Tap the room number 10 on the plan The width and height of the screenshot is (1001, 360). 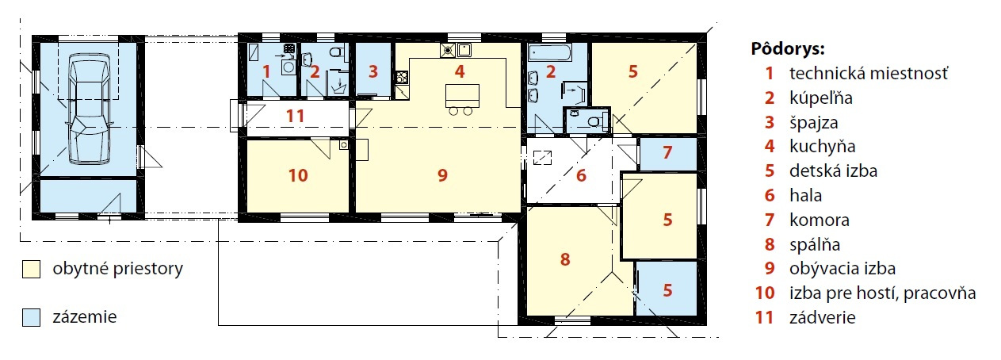(x=298, y=175)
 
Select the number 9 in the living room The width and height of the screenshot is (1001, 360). (x=442, y=175)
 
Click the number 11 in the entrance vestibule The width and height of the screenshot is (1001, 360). (x=295, y=116)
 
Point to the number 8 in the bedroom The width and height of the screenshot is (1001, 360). (x=565, y=259)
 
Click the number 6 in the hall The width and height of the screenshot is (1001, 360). (x=581, y=175)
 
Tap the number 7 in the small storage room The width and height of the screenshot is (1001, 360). (x=667, y=152)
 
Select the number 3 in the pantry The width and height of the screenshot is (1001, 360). (x=373, y=71)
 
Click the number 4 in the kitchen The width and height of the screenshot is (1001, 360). (x=460, y=71)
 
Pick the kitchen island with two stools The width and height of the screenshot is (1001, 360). (x=462, y=99)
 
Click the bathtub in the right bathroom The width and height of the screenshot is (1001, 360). (x=550, y=54)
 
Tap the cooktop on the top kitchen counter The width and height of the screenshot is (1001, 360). (x=447, y=50)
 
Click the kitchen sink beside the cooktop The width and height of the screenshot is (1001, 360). (x=464, y=50)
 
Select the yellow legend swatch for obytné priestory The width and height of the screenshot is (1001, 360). (x=31, y=270)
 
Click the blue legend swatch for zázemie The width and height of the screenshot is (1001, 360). (x=31, y=317)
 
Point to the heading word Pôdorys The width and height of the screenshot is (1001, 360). (x=787, y=48)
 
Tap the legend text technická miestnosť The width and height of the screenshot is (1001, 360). (x=869, y=73)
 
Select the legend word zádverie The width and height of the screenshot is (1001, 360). (x=822, y=317)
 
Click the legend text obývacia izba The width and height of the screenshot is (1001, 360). (x=842, y=268)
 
